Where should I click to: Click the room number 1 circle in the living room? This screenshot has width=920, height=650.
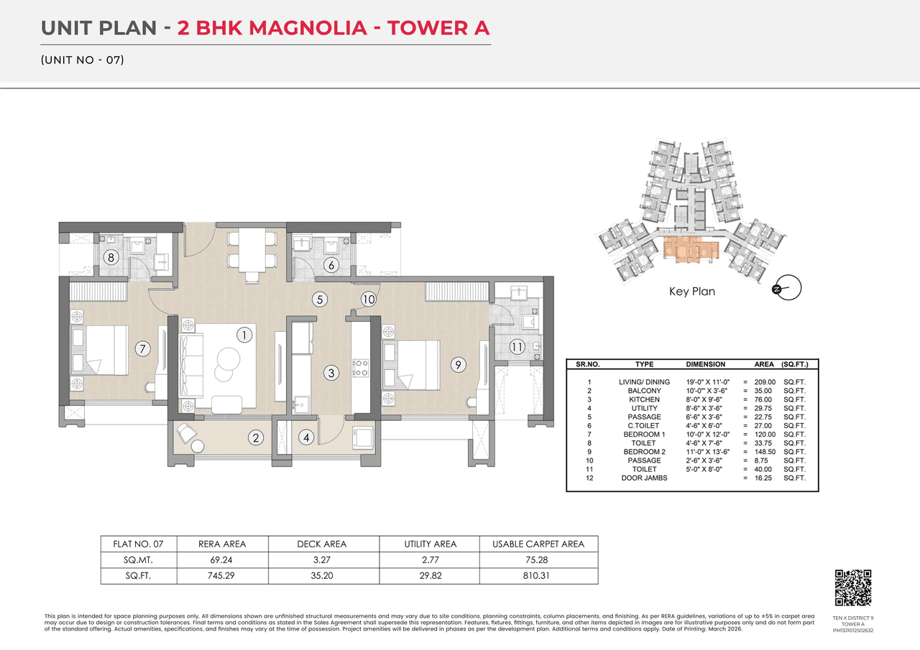(245, 335)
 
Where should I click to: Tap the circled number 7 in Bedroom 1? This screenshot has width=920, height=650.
(143, 349)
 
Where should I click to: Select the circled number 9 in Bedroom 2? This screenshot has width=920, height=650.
(456, 365)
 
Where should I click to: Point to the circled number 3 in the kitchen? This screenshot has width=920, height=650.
(331, 373)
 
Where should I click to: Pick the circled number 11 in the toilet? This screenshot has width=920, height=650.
(517, 348)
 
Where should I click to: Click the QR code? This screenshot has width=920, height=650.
(852, 588)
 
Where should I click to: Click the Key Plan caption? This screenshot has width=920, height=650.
(691, 292)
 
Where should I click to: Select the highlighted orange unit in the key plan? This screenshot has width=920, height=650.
(690, 250)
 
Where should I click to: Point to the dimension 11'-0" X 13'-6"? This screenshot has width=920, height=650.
(707, 452)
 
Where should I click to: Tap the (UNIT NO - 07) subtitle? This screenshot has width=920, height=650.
(83, 60)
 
